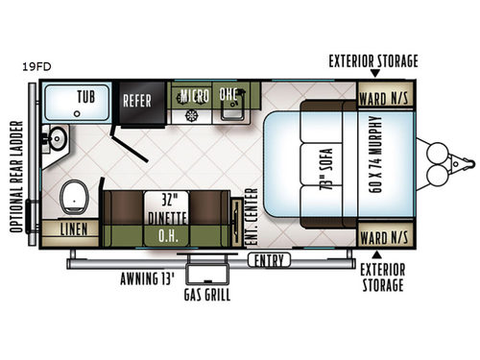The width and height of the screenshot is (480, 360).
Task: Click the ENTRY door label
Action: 269,260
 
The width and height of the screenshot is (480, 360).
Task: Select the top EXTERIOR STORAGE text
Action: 373,61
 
